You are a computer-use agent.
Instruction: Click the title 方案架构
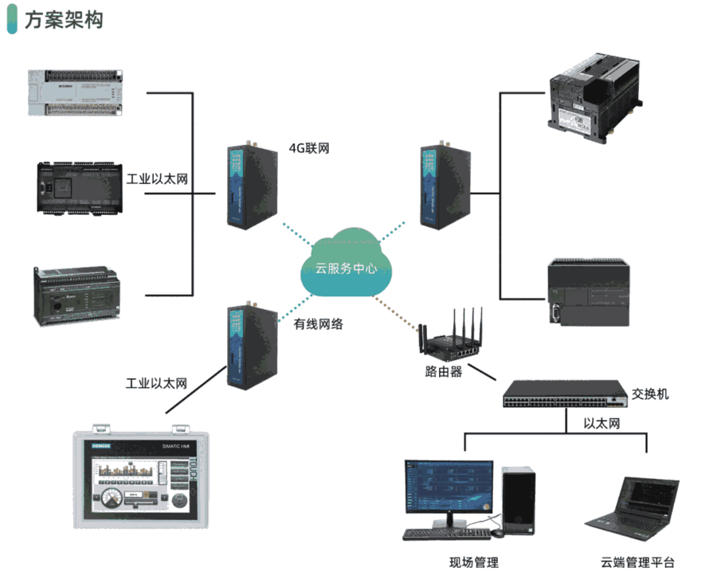pos(63,21)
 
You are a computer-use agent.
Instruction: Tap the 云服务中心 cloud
pos(346,266)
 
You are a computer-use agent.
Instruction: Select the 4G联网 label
pos(309,147)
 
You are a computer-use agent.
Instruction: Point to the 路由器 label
pos(444,371)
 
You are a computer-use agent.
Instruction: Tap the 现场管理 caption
pos(474,562)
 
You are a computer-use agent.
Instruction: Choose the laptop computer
pos(633,506)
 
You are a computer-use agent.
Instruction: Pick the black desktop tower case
pos(519,501)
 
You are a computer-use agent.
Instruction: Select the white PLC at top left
pos(76,94)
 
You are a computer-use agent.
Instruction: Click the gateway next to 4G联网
pos(247,185)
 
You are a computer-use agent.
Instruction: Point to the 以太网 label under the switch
pos(601,425)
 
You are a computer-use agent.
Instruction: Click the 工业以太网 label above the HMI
pos(156,384)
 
